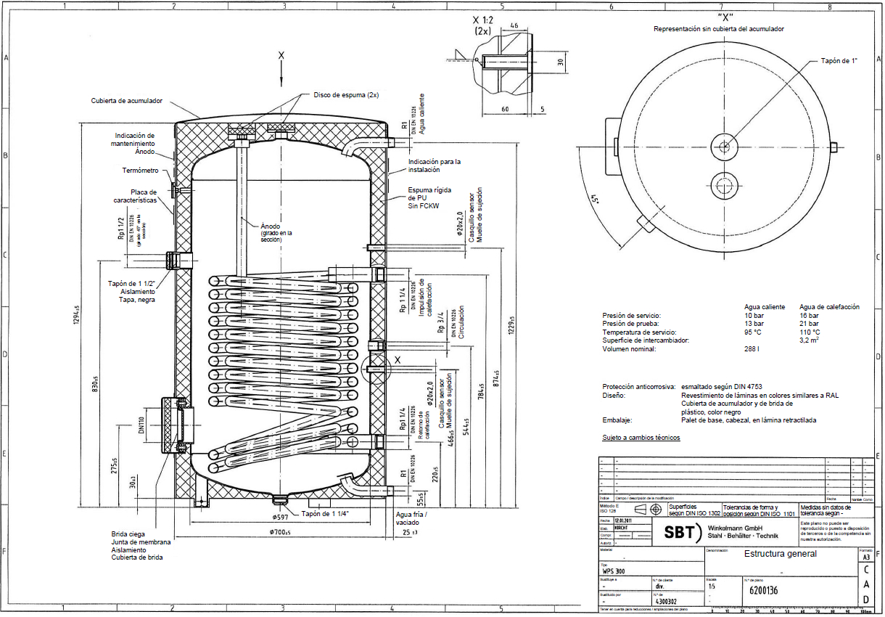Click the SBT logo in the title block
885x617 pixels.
pyautogui.click(x=677, y=532)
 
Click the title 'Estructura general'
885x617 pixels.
pyautogui.click(x=780, y=554)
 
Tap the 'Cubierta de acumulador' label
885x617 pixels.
pyautogui.click(x=127, y=101)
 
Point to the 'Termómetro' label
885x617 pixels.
pyautogui.click(x=140, y=171)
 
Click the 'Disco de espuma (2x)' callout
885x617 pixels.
pyautogui.click(x=346, y=95)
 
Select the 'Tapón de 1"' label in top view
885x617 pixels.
pyautogui.click(x=839, y=61)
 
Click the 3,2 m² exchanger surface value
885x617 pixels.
pyautogui.click(x=810, y=340)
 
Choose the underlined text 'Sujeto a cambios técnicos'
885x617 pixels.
pyautogui.click(x=641, y=438)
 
